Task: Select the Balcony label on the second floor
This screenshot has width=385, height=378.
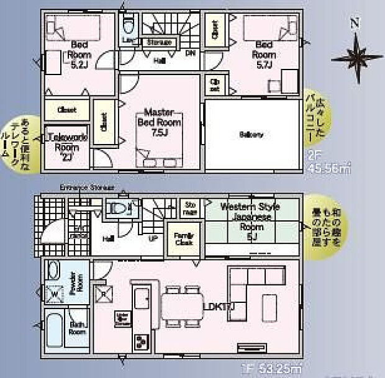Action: [x=251, y=134]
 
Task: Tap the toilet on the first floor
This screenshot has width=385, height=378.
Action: [x=119, y=209]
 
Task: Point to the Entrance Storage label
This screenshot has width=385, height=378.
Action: [x=87, y=187]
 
